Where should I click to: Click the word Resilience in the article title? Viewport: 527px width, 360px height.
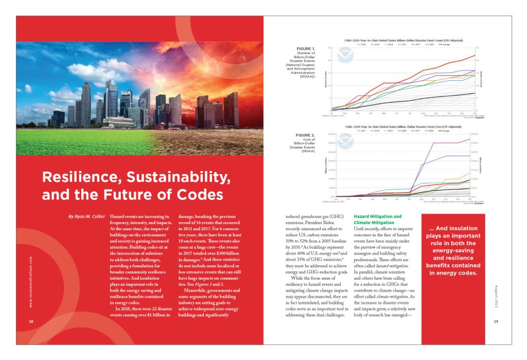coord(77,178)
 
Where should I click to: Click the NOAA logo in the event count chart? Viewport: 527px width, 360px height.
coord(345,56)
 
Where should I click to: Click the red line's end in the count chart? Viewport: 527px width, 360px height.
coord(474,55)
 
